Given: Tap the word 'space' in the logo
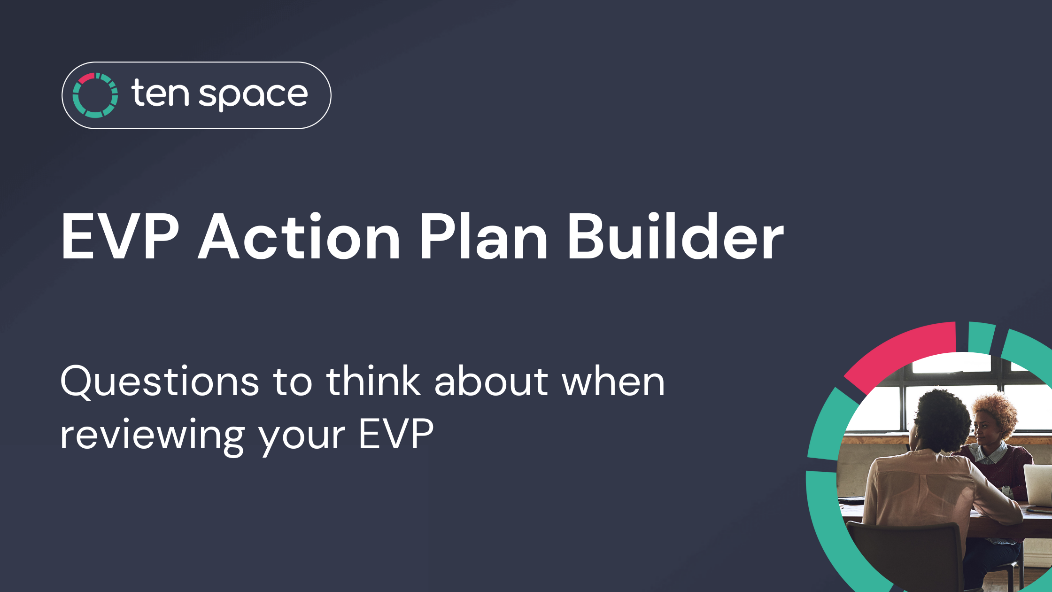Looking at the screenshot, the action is tap(254, 96).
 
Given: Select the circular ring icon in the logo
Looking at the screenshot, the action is tap(95, 95).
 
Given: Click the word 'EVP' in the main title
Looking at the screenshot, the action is tap(120, 236).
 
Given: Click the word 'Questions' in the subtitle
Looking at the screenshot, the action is tap(160, 382).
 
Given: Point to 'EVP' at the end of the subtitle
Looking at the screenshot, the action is tap(396, 434).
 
